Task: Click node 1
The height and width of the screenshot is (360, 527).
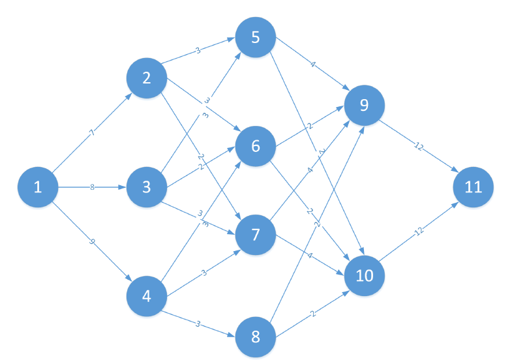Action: (37, 187)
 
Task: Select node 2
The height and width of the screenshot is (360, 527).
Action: (146, 78)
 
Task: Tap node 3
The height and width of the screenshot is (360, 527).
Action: (146, 187)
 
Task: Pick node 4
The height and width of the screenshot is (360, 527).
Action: (146, 296)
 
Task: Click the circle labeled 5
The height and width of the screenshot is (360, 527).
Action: (255, 37)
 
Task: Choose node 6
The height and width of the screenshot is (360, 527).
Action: (255, 145)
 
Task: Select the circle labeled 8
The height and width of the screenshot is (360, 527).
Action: (255, 337)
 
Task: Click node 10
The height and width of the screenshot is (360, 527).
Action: (365, 275)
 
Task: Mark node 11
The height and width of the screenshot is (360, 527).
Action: (474, 187)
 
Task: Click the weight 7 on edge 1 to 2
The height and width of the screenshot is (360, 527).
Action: (92, 133)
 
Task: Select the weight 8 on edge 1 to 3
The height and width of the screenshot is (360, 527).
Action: (92, 187)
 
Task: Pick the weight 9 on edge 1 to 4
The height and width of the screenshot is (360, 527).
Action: (92, 242)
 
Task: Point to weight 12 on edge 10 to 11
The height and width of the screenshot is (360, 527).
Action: (419, 232)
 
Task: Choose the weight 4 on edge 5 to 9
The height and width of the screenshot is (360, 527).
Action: (312, 65)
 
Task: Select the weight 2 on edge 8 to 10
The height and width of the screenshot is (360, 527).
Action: (312, 314)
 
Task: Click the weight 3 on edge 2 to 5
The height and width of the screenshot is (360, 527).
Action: (198, 50)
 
